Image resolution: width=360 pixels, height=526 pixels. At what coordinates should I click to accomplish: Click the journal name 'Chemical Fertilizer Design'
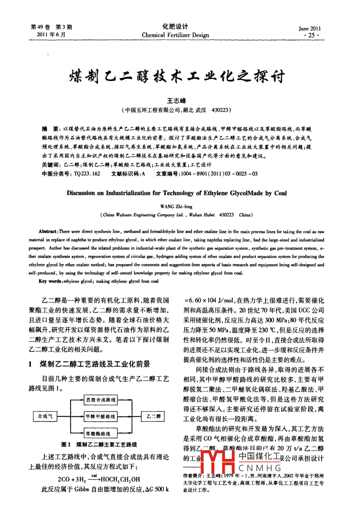click(x=175, y=35)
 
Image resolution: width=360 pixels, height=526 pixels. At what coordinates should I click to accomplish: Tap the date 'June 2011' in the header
click(x=309, y=28)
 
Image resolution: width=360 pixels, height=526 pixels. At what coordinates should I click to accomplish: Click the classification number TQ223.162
click(x=87, y=174)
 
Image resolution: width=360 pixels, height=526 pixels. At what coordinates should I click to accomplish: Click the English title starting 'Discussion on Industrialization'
click(x=176, y=193)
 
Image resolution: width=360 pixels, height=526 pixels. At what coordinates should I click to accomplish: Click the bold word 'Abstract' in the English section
click(x=47, y=232)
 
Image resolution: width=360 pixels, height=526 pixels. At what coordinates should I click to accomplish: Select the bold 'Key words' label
click(x=50, y=281)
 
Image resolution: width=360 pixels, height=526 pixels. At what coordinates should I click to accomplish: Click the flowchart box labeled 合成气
click(x=45, y=416)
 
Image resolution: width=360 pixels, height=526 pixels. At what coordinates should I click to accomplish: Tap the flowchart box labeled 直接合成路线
click(x=101, y=400)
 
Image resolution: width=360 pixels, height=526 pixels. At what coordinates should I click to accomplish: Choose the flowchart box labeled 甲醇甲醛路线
click(x=101, y=416)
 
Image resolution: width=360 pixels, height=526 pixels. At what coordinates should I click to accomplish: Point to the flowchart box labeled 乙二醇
click(x=153, y=416)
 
